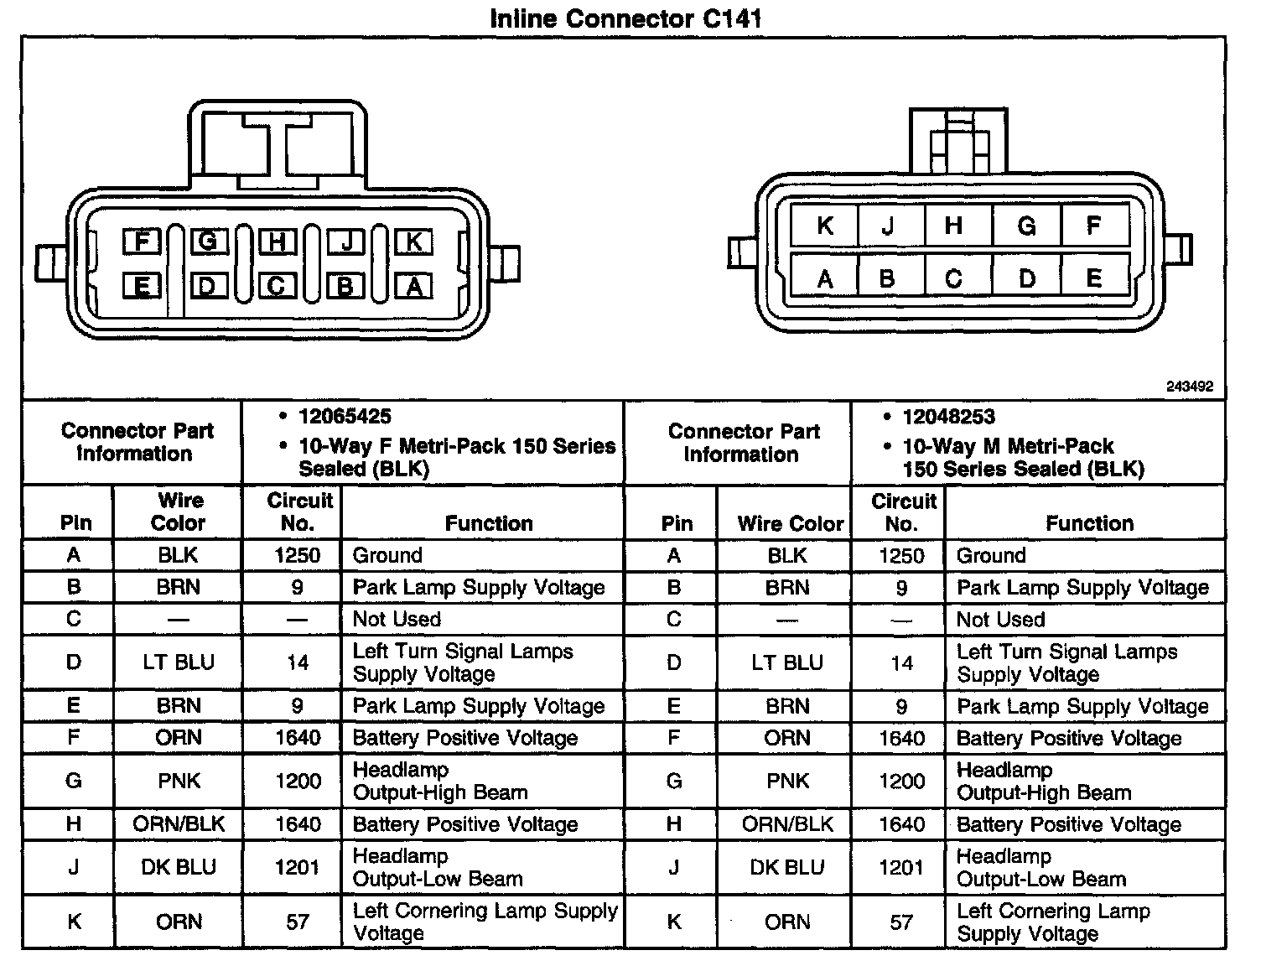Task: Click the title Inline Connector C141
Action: (625, 18)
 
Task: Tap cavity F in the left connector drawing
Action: (142, 242)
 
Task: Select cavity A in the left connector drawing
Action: (413, 287)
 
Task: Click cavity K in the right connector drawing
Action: (825, 226)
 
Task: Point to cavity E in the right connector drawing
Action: (1093, 278)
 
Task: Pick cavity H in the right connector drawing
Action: (954, 226)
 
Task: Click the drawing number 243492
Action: (1189, 387)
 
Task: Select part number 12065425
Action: (345, 417)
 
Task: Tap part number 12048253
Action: (948, 417)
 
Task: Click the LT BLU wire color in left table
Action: (178, 662)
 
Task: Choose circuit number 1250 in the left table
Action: (297, 555)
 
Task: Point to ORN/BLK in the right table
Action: (787, 824)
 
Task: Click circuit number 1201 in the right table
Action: (901, 867)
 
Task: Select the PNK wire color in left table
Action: (179, 782)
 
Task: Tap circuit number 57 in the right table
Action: (901, 922)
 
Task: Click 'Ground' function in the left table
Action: (387, 555)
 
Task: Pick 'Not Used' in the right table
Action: (1000, 620)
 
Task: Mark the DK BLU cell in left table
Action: (178, 867)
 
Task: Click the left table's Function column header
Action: (489, 523)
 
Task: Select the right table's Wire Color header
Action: (790, 524)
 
